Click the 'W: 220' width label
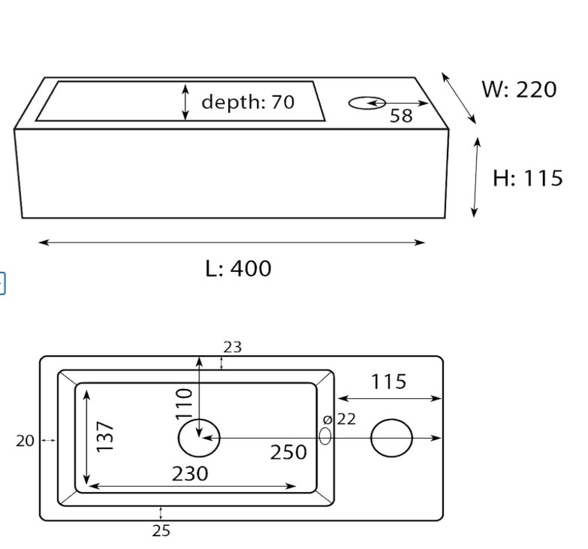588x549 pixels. click(519, 89)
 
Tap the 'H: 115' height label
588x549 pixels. click(528, 178)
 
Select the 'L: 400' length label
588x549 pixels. click(239, 268)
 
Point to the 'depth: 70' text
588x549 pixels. click(248, 101)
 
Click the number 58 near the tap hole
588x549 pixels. click(401, 116)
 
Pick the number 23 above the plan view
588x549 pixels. click(233, 347)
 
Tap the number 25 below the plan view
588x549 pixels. click(161, 531)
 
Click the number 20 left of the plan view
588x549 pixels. click(25, 441)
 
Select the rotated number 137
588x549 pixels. click(104, 436)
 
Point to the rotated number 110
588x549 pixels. click(184, 403)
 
